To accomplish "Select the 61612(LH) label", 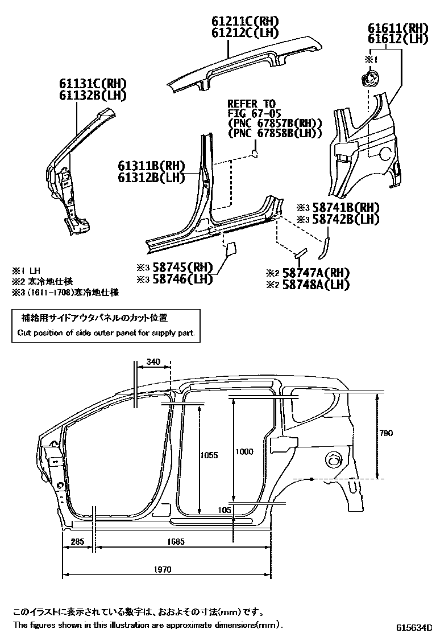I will pos(397,39).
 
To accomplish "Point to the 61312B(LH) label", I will pos(152,178).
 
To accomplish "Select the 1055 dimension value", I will pos(210,454).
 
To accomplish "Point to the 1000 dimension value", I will pos(244,451).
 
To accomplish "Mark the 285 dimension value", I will pos(77,542).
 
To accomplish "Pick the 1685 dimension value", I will pos(177,542).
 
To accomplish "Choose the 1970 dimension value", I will pos(161,569).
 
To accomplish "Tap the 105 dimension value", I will pos(225,510).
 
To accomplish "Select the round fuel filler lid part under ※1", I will pos(369,78).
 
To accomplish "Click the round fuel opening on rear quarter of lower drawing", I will pos(333,459).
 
